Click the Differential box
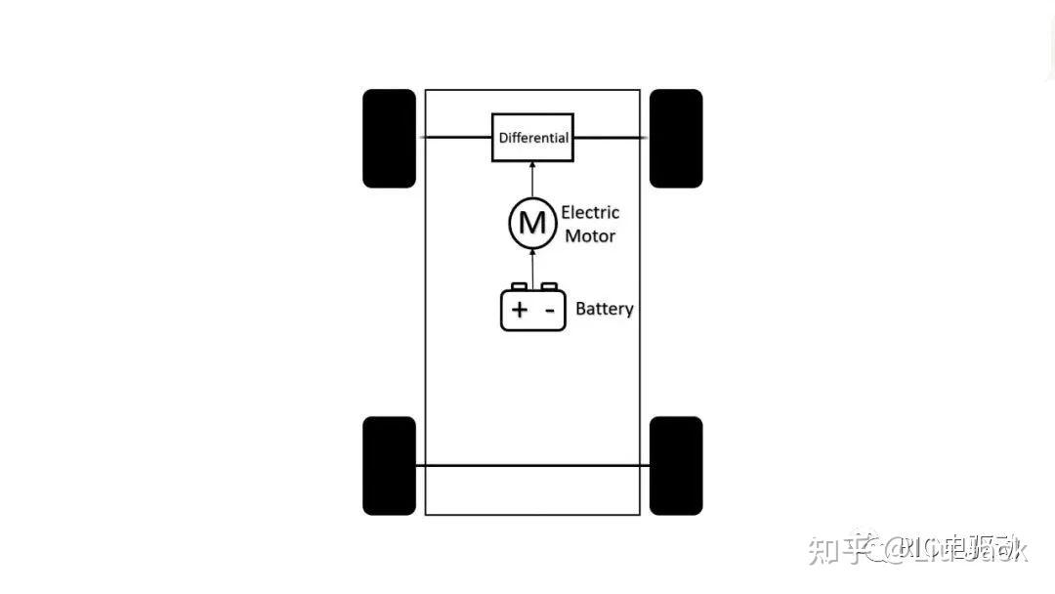(531, 138)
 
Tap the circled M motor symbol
(531, 223)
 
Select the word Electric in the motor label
(590, 212)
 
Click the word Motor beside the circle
(590, 235)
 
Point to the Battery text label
(604, 309)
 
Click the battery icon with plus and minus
(532, 309)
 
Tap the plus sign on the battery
(519, 311)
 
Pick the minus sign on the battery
(549, 311)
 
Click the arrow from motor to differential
(532, 179)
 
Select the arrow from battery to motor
(532, 266)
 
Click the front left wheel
(389, 138)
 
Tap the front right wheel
(676, 138)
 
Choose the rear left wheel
(389, 465)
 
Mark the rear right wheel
(676, 465)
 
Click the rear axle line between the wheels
(532, 466)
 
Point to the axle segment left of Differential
(457, 138)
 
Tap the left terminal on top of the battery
(519, 286)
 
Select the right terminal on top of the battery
(549, 286)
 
